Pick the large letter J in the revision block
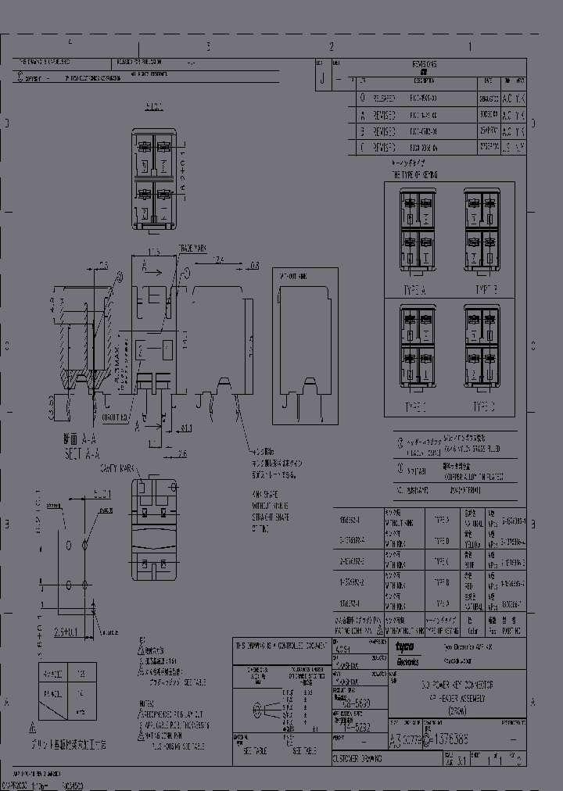tap(321, 79)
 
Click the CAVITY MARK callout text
tap(117, 467)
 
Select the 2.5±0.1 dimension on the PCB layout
tap(69, 630)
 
